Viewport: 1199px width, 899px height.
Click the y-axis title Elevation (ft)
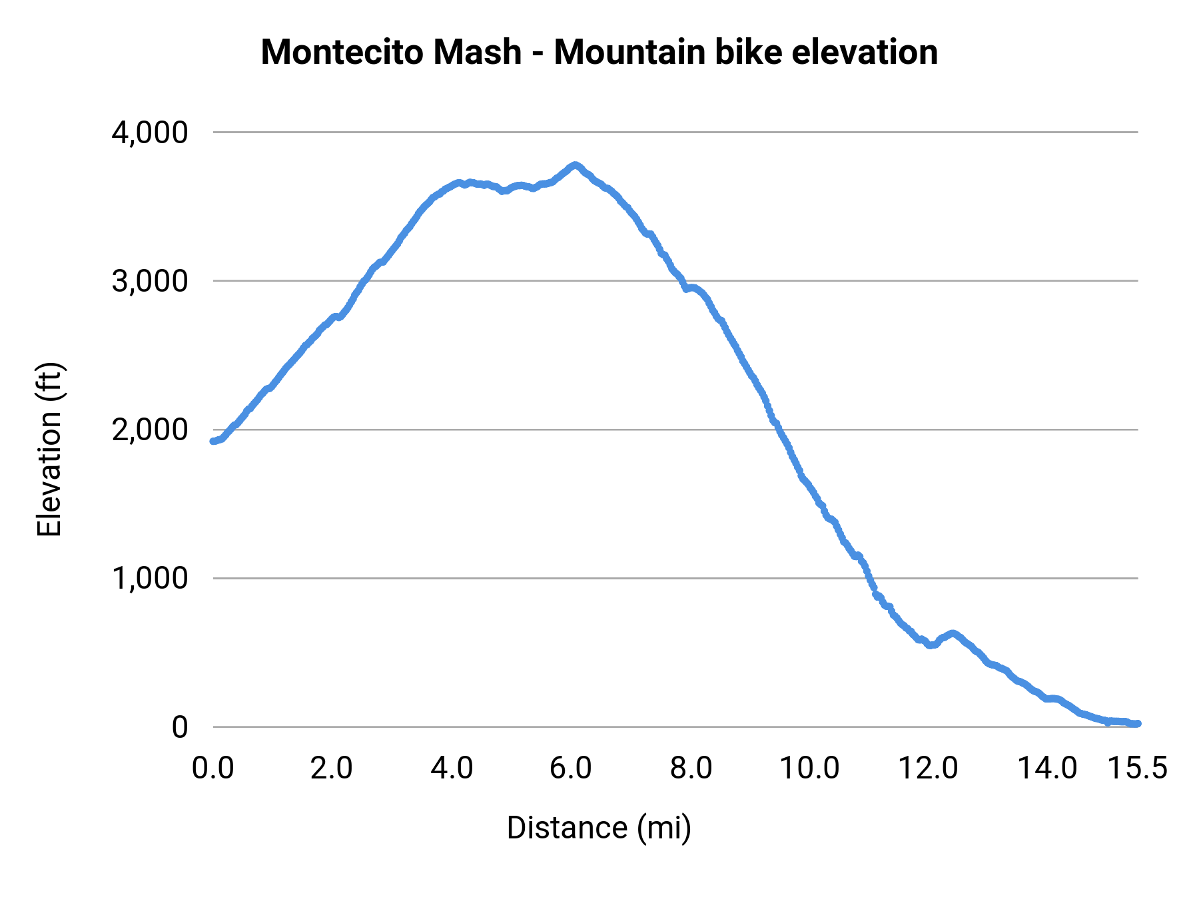tap(49, 449)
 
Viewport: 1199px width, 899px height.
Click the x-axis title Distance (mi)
tap(599, 828)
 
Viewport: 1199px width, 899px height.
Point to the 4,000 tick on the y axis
tap(150, 133)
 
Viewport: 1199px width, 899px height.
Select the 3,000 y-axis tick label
tap(150, 281)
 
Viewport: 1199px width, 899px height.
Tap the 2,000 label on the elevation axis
tap(150, 430)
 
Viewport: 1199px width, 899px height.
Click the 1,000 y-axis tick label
tap(150, 578)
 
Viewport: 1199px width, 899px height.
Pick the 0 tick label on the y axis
tap(180, 727)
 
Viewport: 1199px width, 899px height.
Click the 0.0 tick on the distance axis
tap(212, 768)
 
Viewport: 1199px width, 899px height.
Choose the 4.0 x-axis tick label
tap(452, 768)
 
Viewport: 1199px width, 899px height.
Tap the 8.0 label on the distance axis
tap(691, 768)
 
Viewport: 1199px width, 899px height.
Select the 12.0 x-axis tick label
tap(928, 768)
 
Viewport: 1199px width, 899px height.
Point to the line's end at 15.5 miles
tap(1138, 723)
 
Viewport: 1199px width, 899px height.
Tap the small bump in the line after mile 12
tap(953, 633)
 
